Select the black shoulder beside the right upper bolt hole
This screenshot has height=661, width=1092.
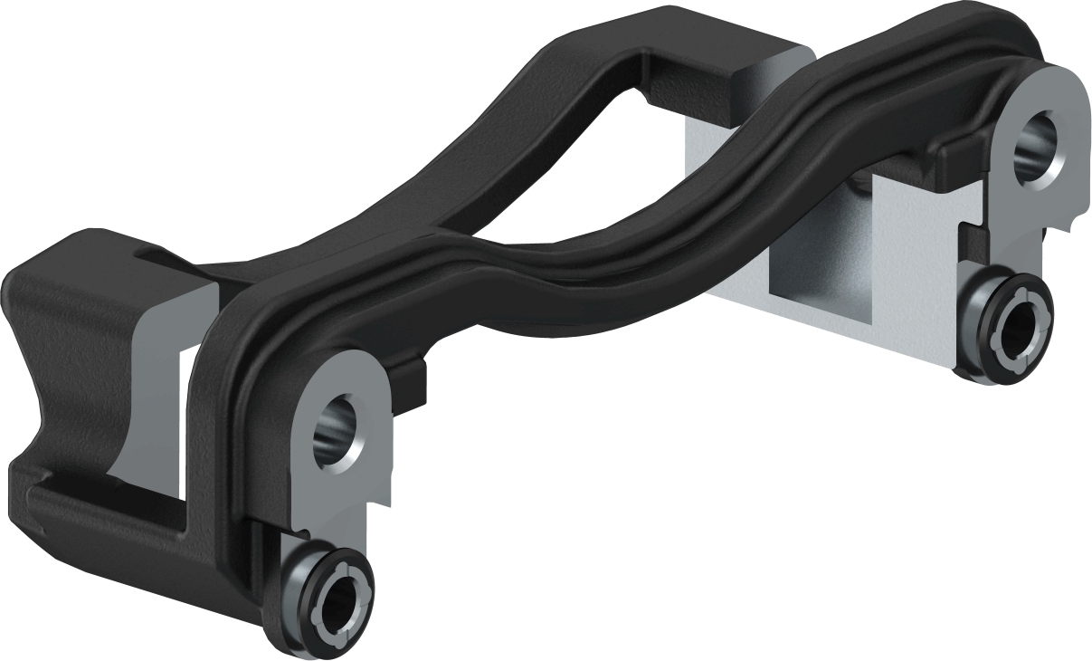(959, 158)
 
